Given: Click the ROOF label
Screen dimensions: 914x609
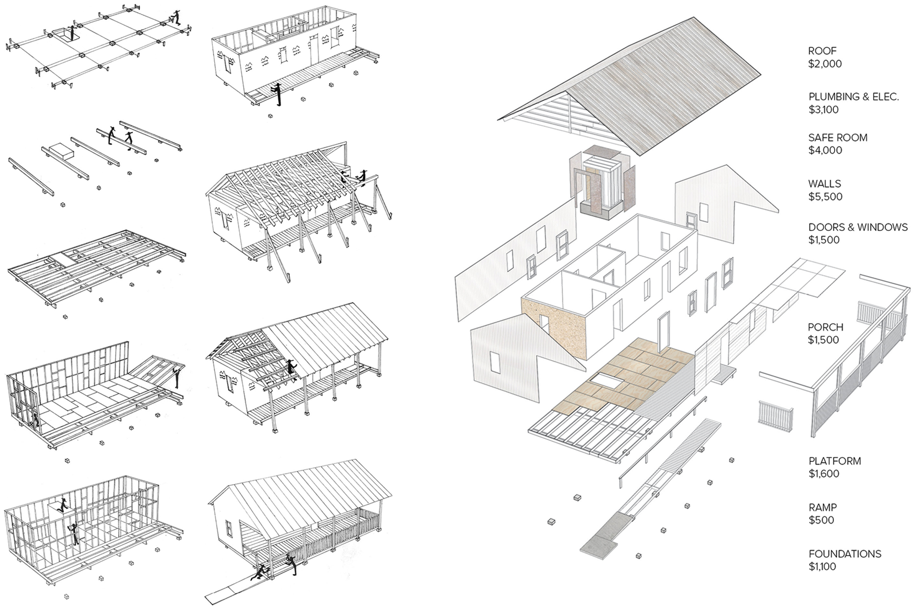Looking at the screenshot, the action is [822, 51].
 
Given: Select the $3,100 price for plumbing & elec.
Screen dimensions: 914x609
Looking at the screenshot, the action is [824, 110].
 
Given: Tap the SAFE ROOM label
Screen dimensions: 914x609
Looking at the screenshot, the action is [838, 138].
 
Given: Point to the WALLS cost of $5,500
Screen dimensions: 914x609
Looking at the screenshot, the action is [825, 197].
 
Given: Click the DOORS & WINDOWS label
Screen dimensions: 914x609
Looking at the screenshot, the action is [858, 227].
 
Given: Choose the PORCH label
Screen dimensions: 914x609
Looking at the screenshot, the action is [826, 327].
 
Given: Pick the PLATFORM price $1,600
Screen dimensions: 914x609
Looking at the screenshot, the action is [824, 474].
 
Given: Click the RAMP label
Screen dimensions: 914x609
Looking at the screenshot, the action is [823, 507].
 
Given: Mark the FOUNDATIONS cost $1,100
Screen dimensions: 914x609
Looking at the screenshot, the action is [822, 566].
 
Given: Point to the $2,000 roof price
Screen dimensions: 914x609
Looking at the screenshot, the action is [825, 64].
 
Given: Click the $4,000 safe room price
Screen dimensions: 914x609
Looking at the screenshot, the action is [825, 150].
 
